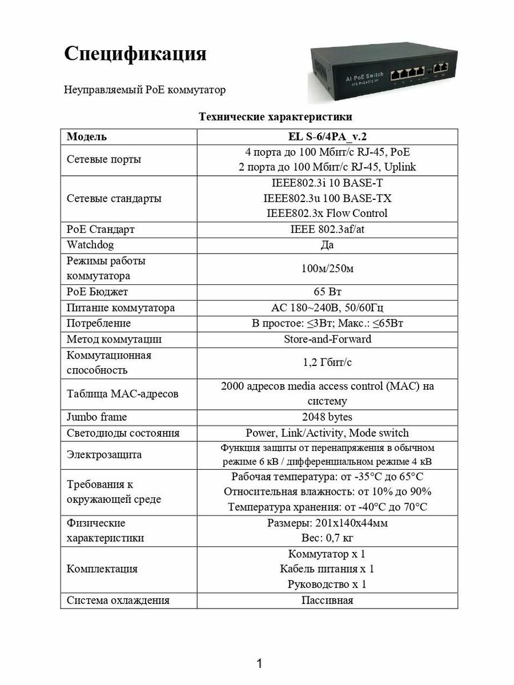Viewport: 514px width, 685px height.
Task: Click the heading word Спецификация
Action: pyautogui.click(x=135, y=54)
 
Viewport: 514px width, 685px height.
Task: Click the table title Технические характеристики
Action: pyautogui.click(x=275, y=117)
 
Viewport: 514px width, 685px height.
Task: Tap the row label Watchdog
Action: pyautogui.click(x=90, y=245)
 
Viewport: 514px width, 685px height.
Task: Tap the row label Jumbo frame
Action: pyautogui.click(x=97, y=417)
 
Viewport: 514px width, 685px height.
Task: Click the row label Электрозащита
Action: pyautogui.click(x=104, y=455)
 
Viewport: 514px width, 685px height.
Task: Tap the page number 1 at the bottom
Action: pyautogui.click(x=259, y=663)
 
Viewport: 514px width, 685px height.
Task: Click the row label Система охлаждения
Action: pyautogui.click(x=118, y=600)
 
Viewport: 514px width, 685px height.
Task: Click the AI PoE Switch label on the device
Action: pyautogui.click(x=358, y=76)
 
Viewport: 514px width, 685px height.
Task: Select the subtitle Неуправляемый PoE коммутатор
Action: pyautogui.click(x=144, y=90)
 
